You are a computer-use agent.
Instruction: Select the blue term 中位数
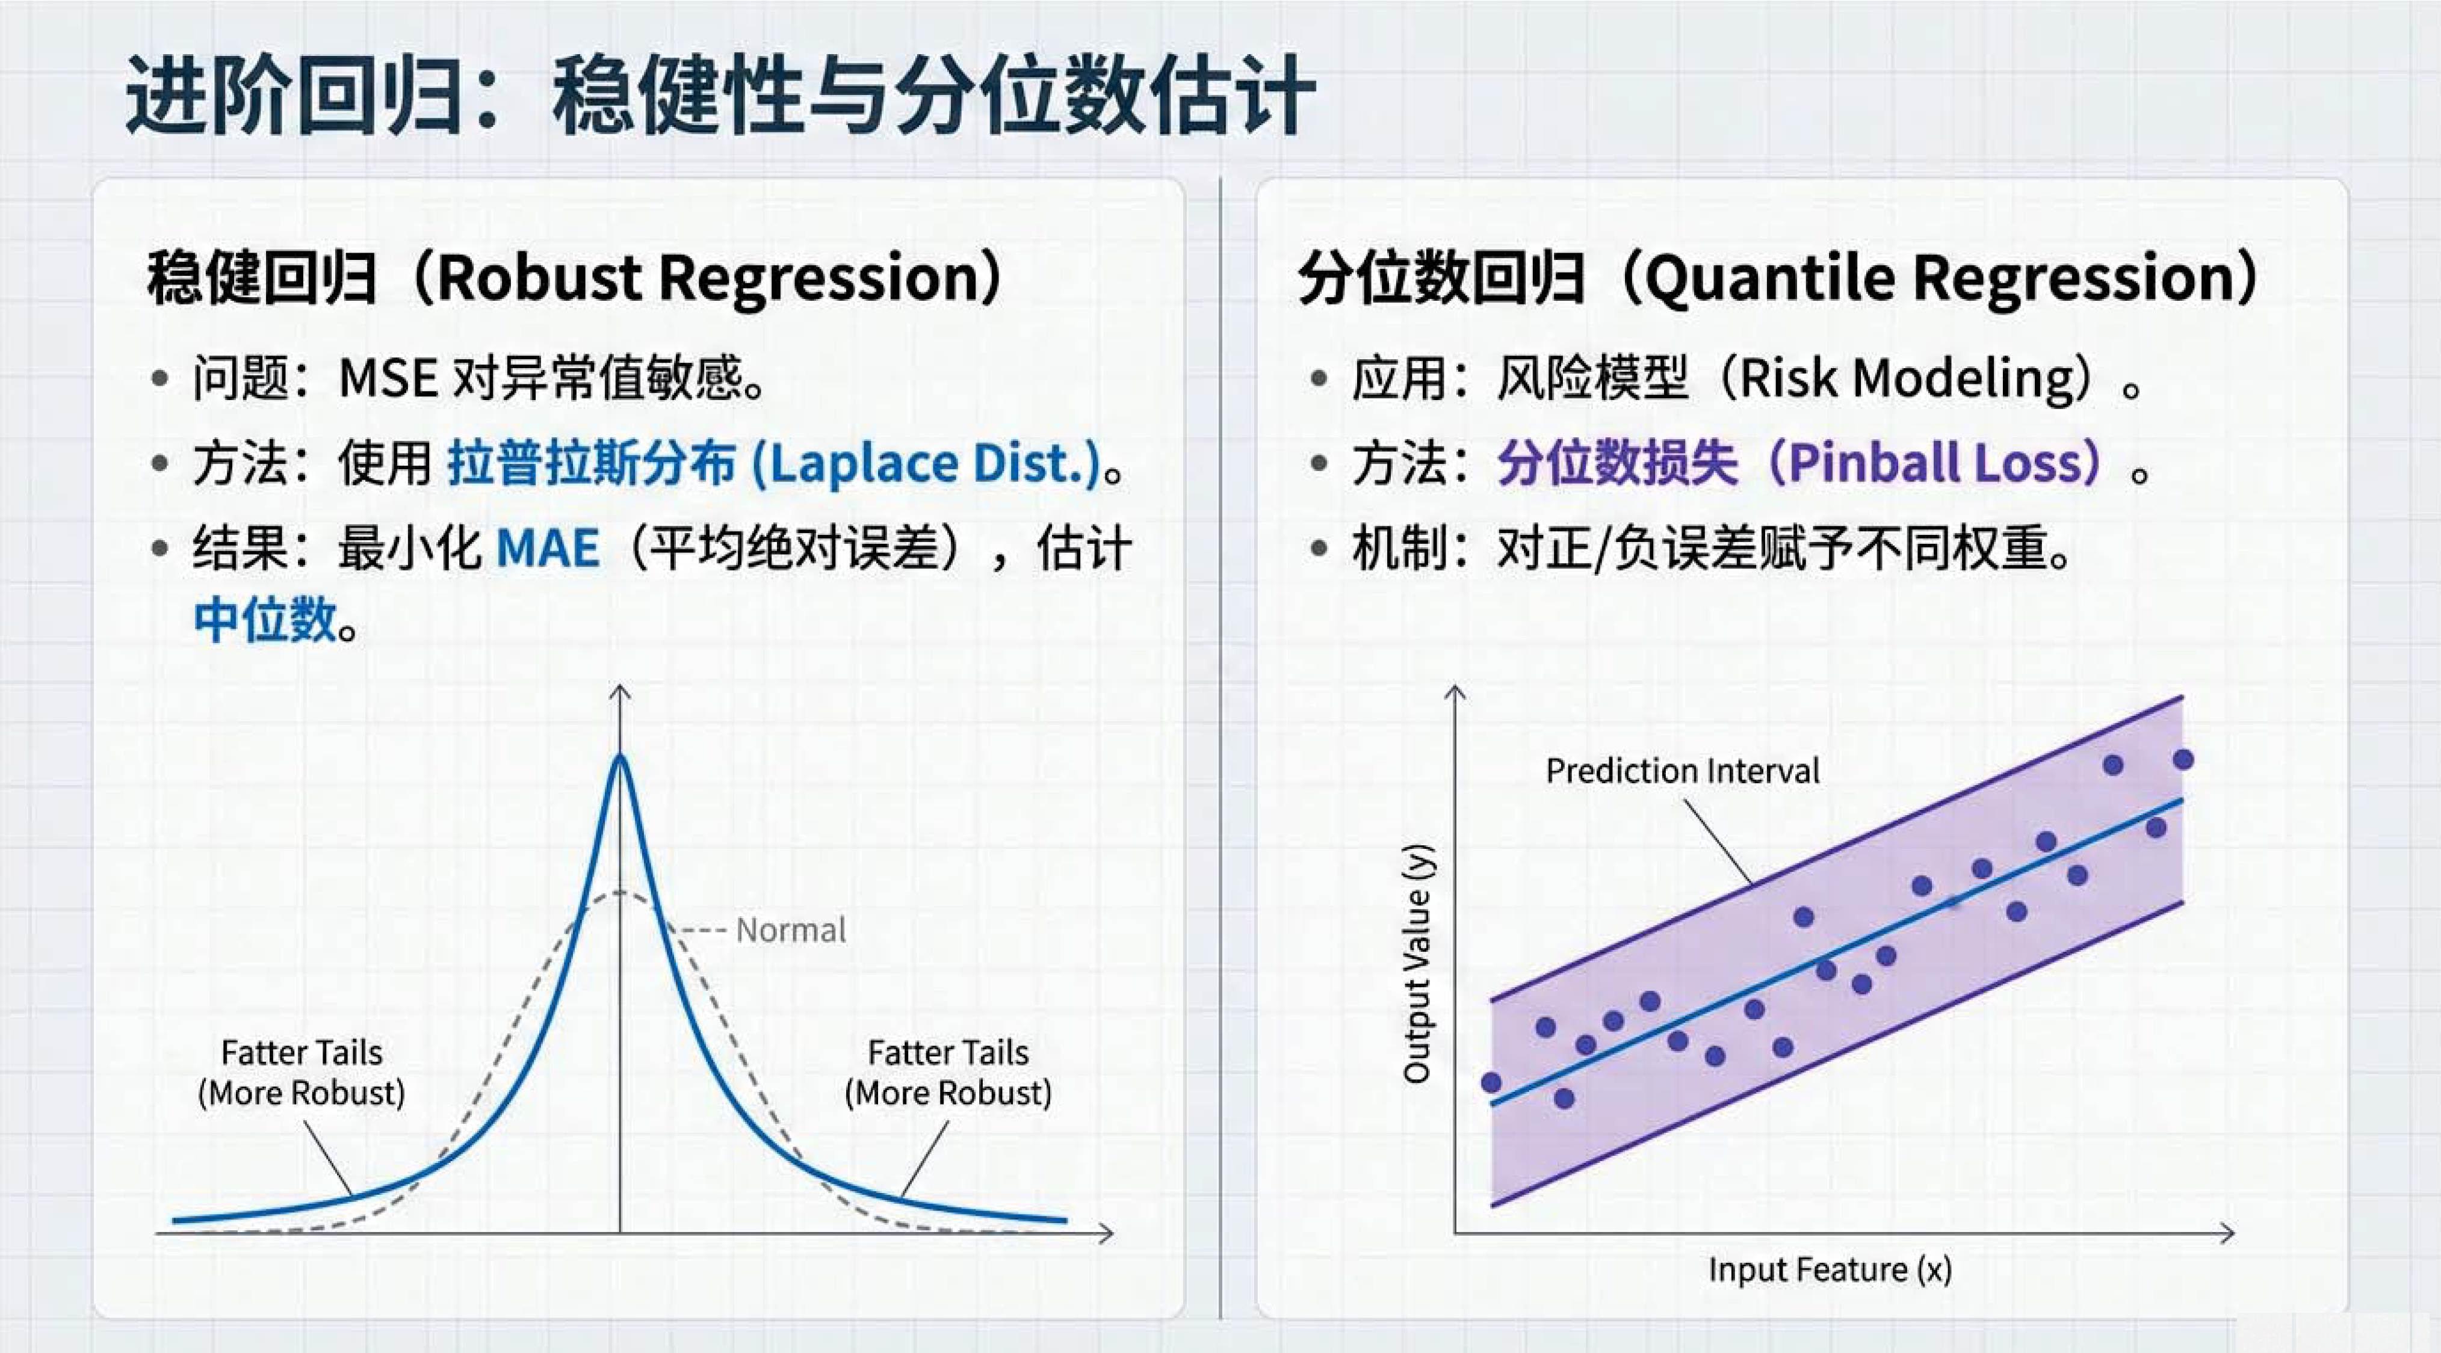[265, 621]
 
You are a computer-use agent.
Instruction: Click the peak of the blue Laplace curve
[620, 754]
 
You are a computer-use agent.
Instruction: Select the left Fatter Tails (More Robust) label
[302, 1073]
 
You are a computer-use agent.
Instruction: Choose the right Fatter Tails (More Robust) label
[948, 1073]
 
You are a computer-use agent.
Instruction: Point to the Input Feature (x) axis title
[1830, 1269]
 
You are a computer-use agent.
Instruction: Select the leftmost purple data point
[1491, 1082]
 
